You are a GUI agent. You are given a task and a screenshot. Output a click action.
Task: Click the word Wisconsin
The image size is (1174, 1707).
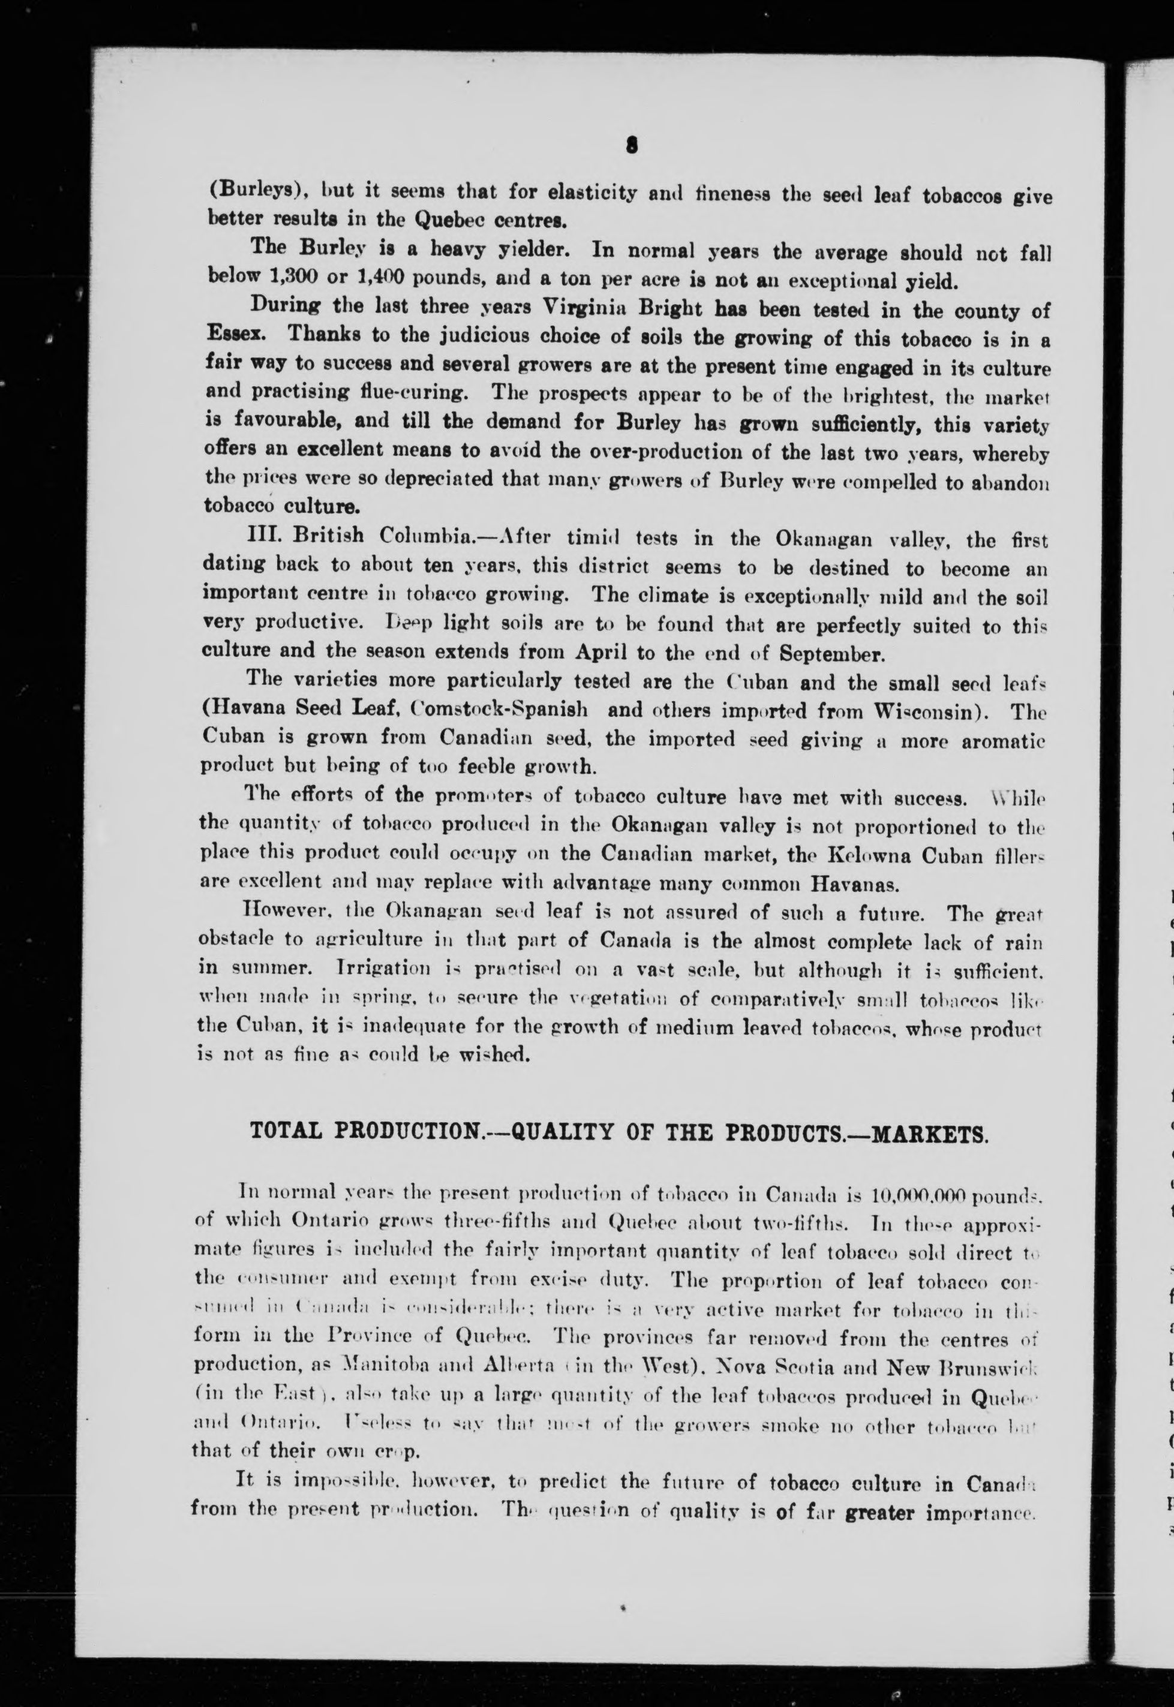point(933,712)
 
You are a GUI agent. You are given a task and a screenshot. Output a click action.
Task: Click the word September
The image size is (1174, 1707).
point(832,654)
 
